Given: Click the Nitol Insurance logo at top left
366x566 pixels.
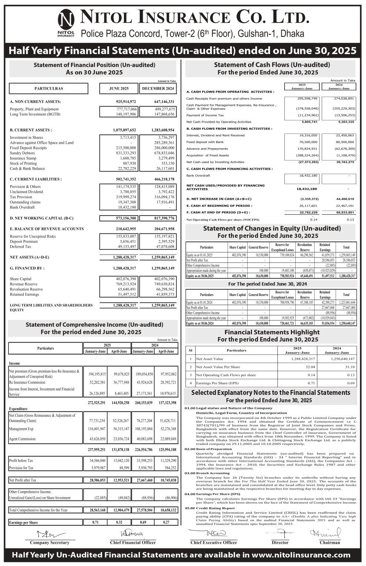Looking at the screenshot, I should tap(66, 23).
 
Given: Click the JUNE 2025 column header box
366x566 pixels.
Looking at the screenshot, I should tap(119, 89).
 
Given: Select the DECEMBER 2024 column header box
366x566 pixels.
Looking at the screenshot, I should tap(158, 89).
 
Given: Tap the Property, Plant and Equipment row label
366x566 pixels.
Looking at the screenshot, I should tap(34, 109).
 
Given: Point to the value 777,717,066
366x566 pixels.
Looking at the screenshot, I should tap(124, 109).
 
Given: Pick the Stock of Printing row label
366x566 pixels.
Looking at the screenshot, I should tap(23, 163).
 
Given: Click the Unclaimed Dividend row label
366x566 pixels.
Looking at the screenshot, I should tap(26, 192).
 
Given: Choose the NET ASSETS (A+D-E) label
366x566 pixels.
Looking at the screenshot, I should tap(30, 257).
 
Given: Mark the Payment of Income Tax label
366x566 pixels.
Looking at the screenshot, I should tap(205, 115).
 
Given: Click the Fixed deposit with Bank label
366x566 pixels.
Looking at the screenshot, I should tap(205, 142).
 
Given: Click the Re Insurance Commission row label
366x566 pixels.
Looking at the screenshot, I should tap(27, 382).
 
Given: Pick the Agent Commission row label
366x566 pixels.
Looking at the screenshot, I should tap(22, 439).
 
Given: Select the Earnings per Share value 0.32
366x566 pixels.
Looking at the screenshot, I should tap(119, 522).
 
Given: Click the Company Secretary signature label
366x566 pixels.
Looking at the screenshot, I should tap(50, 543).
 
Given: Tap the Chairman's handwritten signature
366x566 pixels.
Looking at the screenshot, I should tap(325, 533).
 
